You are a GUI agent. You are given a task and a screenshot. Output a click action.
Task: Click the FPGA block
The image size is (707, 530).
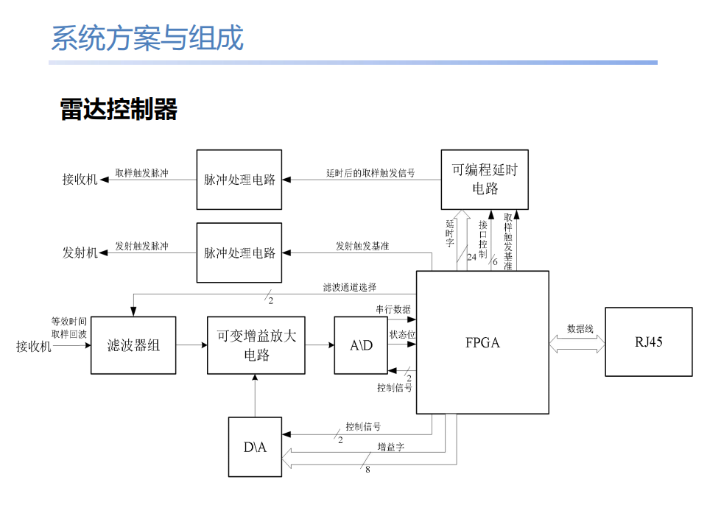click(482, 342)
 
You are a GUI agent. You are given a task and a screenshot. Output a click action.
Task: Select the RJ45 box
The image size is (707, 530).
click(648, 342)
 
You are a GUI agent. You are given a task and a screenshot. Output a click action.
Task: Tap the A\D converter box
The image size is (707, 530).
click(361, 345)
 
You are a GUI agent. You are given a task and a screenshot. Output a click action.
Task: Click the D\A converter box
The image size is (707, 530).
click(255, 447)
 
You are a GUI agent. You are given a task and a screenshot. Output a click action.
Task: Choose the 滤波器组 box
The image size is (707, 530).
click(133, 345)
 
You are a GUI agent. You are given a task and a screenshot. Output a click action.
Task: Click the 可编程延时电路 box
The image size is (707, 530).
click(485, 179)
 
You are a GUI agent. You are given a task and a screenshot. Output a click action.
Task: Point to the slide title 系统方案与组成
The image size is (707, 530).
click(147, 38)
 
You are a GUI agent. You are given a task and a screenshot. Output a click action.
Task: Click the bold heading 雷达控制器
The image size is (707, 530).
click(119, 110)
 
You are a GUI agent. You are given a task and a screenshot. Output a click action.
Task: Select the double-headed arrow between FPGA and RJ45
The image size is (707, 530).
click(577, 343)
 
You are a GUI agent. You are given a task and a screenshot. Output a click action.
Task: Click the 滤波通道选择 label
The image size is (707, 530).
click(350, 287)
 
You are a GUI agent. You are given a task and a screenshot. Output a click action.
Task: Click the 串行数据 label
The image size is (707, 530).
click(393, 309)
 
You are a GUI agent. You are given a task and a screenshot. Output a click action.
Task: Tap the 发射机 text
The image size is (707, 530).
click(80, 252)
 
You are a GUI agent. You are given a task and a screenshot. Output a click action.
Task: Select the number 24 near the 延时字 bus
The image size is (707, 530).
click(471, 258)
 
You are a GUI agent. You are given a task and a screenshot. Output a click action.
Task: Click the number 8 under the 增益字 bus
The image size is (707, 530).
click(367, 470)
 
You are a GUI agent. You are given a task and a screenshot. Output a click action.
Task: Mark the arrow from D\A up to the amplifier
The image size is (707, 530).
click(255, 395)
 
